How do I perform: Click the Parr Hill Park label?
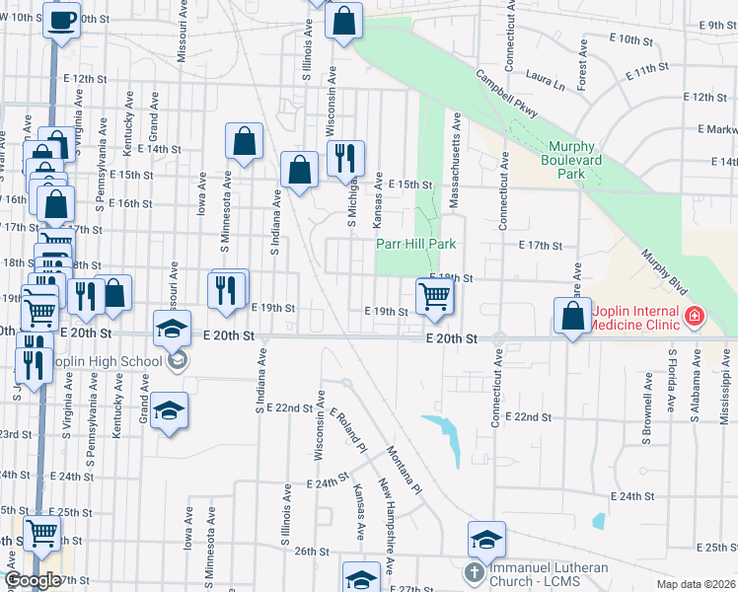[414, 244]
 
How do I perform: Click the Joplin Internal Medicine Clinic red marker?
[696, 317]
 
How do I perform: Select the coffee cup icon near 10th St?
[61, 20]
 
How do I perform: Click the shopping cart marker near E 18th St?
[434, 295]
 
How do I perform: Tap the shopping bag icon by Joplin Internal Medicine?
[573, 317]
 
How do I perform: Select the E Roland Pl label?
[348, 431]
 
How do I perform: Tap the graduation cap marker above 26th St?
[486, 539]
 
